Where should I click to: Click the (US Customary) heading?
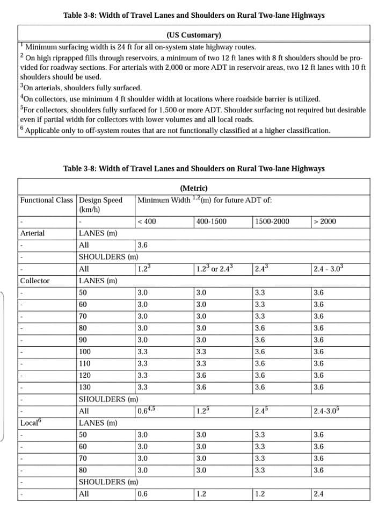[x=193, y=35]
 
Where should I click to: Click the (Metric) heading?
[x=193, y=188]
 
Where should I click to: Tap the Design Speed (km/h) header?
[x=100, y=204]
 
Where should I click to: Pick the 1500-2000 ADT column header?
[x=272, y=221]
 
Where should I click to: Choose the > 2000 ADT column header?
[x=324, y=221]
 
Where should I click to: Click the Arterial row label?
[x=32, y=233]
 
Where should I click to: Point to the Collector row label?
[x=34, y=281]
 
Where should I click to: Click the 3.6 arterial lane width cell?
[x=143, y=245]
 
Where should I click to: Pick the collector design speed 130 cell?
[x=85, y=387]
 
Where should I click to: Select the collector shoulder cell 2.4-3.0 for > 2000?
[x=328, y=411]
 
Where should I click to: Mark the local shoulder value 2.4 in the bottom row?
[x=319, y=494]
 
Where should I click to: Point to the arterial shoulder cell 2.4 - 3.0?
[x=328, y=269]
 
